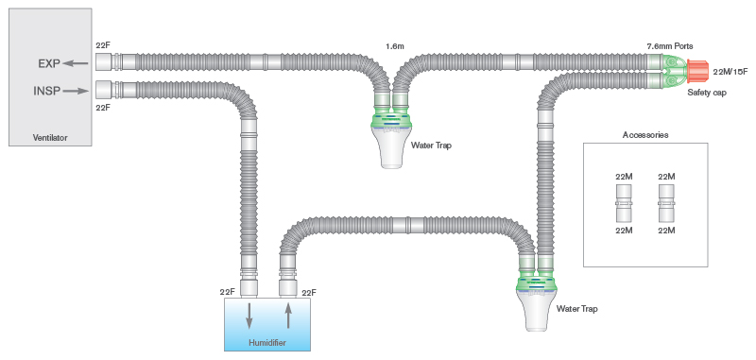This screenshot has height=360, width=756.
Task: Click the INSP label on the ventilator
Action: pos(48,92)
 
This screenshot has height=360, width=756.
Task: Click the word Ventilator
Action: pos(51,138)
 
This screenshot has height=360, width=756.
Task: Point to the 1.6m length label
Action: pos(396,45)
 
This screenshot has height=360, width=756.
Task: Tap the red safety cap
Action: pos(697,71)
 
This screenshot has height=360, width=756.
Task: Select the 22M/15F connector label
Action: pos(730,72)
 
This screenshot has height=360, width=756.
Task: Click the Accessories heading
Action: pos(645,135)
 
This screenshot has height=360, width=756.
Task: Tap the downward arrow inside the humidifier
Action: pos(249,315)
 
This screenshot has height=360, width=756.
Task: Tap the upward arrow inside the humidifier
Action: pos(288,315)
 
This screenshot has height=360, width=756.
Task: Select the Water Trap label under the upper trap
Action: pos(430,147)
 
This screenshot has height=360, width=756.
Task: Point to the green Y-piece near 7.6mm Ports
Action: pos(673,72)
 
